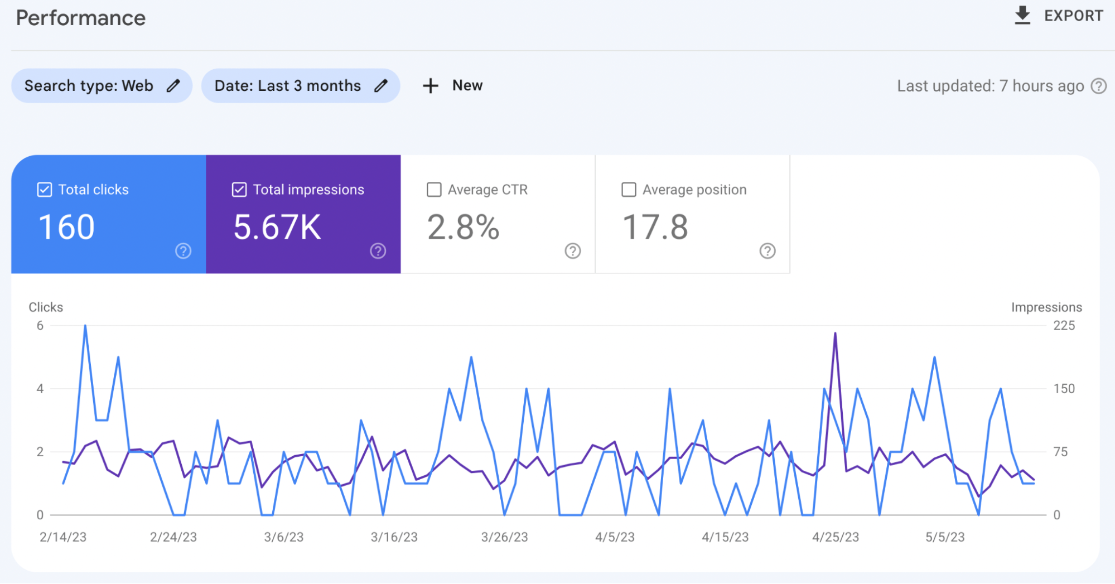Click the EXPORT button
[x=1058, y=16]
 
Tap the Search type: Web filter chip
[x=102, y=86]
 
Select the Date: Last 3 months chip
[x=300, y=86]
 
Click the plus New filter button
[x=452, y=86]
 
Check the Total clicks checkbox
[x=45, y=190]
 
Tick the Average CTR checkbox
[x=434, y=190]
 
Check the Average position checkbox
[x=629, y=190]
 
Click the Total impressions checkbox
[x=239, y=190]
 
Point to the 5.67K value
[x=277, y=228]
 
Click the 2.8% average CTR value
[x=463, y=228]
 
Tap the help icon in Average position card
[x=768, y=251]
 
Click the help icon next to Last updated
[x=1099, y=86]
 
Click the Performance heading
[x=81, y=18]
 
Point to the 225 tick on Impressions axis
[x=1064, y=326]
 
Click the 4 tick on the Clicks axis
[x=40, y=389]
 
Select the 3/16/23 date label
[x=394, y=537]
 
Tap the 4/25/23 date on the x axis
[x=835, y=537]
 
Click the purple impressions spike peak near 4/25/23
[x=835, y=334]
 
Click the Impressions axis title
[x=1046, y=307]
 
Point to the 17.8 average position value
[x=655, y=228]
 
